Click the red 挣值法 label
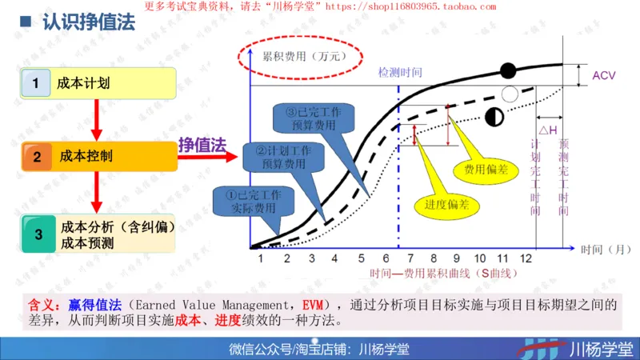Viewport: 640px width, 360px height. pos(202,144)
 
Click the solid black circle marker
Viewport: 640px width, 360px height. pos(508,70)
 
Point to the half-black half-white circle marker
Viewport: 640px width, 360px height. pos(494,118)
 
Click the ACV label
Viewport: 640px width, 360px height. pos(604,76)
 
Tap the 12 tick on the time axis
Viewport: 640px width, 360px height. pos(525,258)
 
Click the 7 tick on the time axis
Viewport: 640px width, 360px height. pos(410,258)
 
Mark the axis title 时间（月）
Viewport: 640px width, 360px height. pos(602,250)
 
